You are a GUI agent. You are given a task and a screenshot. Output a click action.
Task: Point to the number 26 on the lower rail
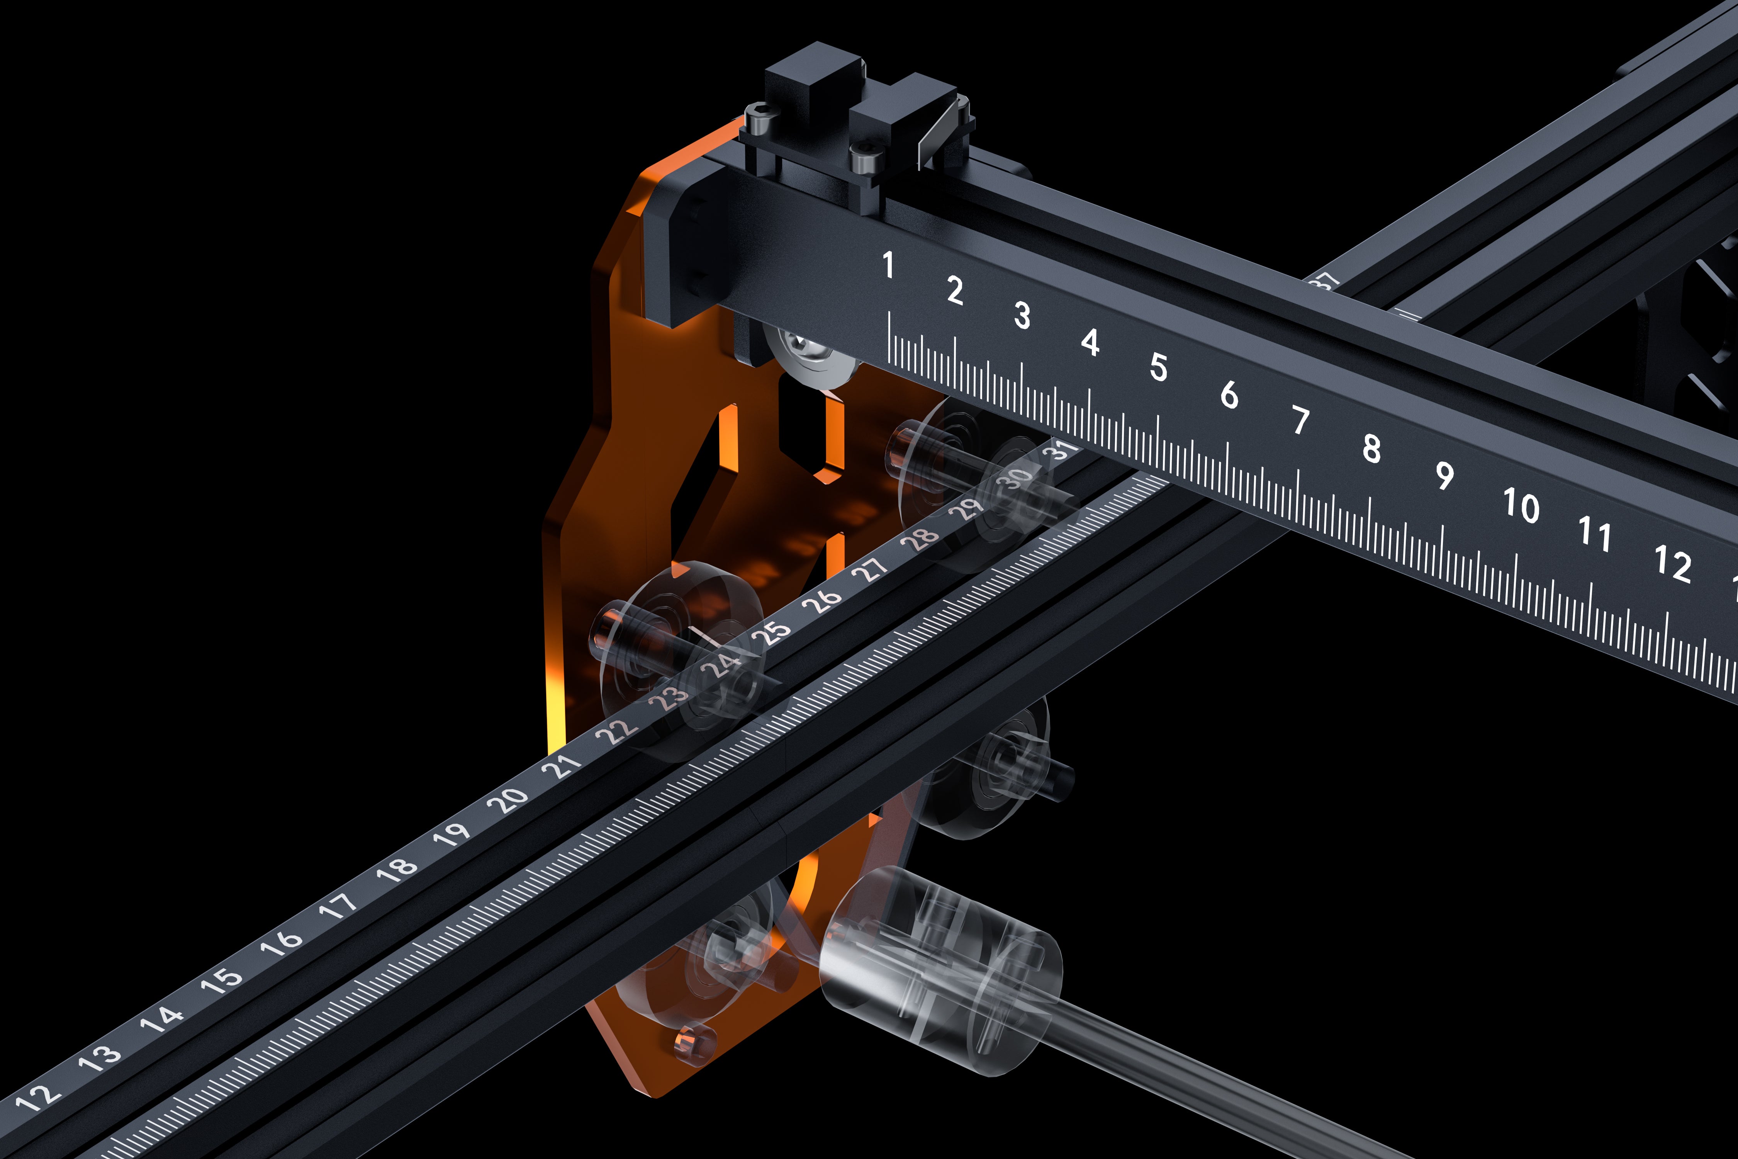pos(822,601)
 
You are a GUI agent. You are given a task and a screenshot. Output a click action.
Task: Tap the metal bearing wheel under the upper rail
pos(805,355)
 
